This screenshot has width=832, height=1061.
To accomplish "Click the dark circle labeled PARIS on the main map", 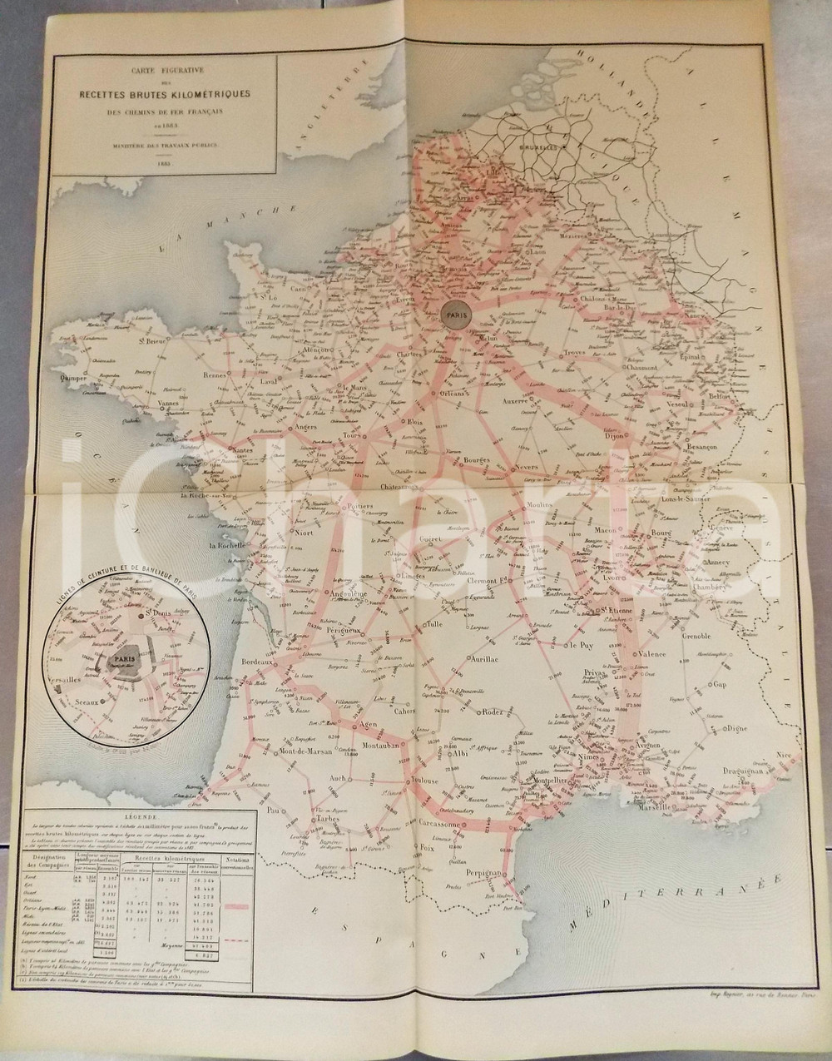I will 457,316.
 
